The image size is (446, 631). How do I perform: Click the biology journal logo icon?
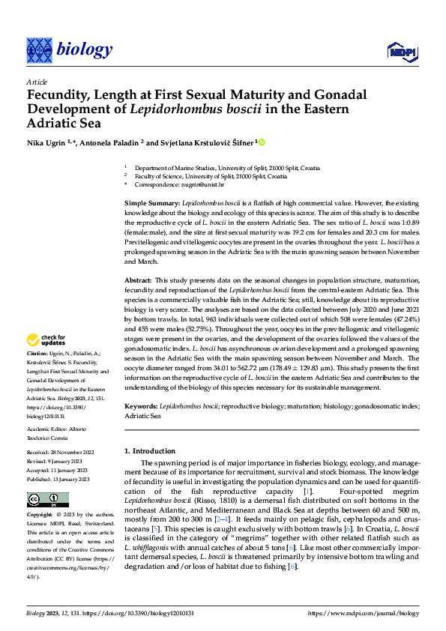pos(38,50)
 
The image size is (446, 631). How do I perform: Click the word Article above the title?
pos(37,82)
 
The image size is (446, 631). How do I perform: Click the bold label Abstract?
pos(139,279)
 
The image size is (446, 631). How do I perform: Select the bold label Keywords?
pos(141,405)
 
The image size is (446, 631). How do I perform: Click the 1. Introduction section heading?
pos(149,451)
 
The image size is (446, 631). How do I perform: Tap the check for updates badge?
pos(48,340)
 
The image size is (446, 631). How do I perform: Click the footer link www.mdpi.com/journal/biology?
pos(363,613)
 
